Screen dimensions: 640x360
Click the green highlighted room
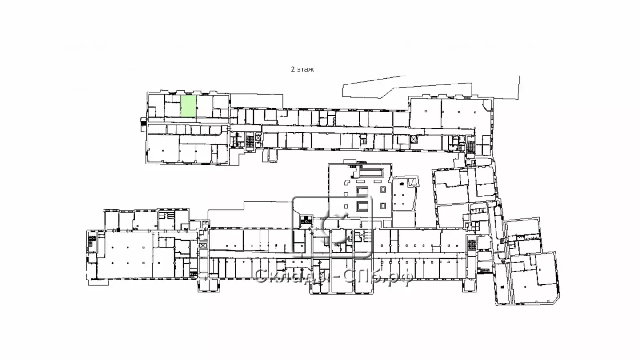coord(188,106)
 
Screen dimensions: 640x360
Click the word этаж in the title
coord(305,69)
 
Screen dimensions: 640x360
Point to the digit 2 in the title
coord(293,69)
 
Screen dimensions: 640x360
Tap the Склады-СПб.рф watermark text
coord(333,277)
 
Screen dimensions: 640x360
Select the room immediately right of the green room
coord(204,106)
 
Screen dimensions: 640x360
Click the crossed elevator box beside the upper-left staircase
coord(258,138)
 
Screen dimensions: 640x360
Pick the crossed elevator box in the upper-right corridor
coord(413,140)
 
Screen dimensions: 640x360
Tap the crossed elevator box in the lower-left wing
coord(203,245)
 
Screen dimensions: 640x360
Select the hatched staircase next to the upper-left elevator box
coord(250,142)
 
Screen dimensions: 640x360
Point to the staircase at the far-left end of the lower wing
coord(92,240)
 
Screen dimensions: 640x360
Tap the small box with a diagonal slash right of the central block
coord(412,182)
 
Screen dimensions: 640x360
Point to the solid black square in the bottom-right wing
coord(503,287)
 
